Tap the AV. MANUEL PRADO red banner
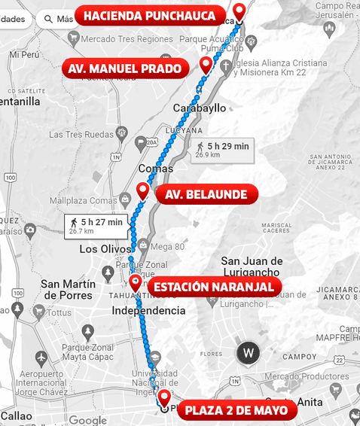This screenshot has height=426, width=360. click(x=124, y=69)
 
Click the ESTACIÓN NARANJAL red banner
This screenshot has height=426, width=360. click(x=215, y=287)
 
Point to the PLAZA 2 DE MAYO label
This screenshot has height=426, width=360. click(x=236, y=410)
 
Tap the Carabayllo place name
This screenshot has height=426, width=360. click(x=199, y=108)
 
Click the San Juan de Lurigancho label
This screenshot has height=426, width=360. click(x=252, y=267)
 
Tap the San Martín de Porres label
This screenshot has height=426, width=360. click(x=69, y=290)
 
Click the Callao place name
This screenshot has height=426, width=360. click(x=16, y=415)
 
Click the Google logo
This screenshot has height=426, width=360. click(x=87, y=420)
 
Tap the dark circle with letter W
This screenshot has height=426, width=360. click(x=249, y=352)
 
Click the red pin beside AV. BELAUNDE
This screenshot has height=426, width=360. click(x=143, y=191)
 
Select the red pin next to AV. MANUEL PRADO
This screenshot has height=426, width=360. click(x=206, y=65)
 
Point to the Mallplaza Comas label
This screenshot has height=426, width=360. click(x=83, y=201)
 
